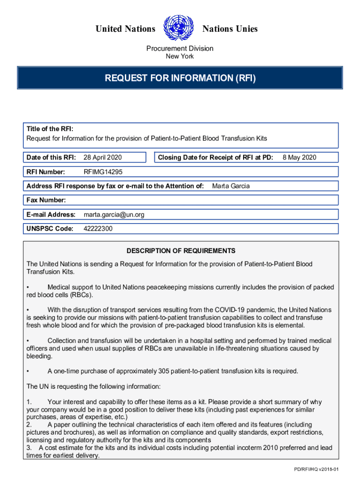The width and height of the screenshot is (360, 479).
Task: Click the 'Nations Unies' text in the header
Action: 230,29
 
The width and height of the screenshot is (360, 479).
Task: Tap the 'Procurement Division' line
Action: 180,48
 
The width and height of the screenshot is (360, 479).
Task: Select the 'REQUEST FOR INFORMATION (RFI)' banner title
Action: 180,78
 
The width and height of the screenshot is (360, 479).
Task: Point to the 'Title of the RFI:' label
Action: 50,129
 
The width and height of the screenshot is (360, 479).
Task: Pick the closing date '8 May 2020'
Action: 299,157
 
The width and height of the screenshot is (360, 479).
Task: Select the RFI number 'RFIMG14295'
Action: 103,172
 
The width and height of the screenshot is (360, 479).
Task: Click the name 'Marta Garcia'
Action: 231,186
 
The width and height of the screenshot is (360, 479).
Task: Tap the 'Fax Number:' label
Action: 46,200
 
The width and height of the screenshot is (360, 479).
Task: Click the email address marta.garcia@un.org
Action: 114,215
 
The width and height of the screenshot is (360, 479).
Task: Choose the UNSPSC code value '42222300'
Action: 98,229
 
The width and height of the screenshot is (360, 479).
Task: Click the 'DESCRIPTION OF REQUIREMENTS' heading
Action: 180,251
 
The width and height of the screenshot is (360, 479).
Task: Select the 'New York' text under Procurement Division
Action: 180,57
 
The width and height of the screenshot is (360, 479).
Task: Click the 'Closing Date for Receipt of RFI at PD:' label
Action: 216,157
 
